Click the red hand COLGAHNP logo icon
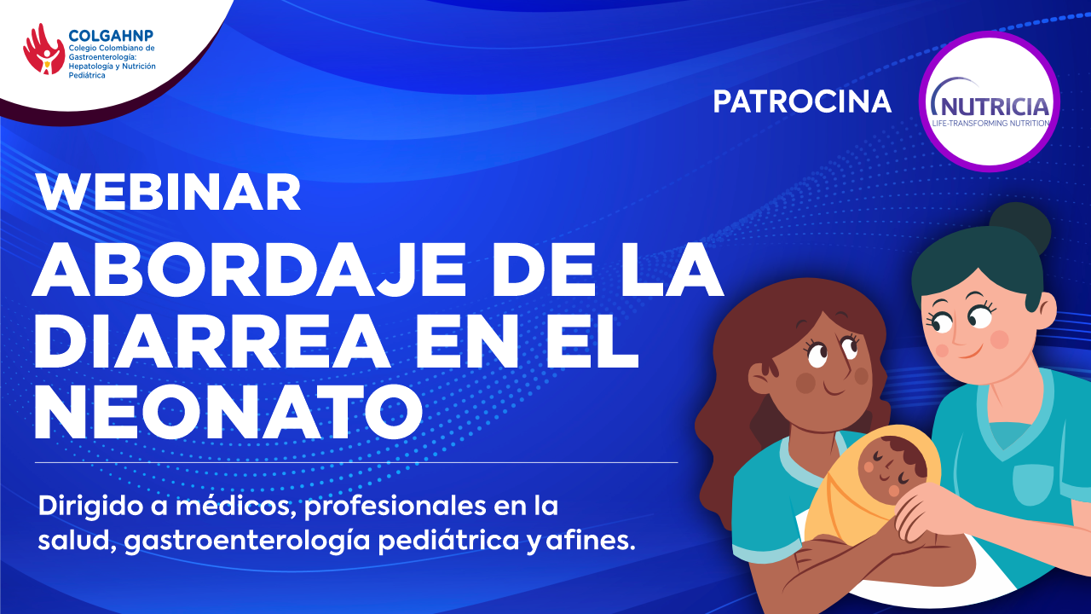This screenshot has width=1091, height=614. click(43, 49)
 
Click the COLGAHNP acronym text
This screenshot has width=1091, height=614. click(111, 36)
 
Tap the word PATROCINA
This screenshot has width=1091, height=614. click(802, 101)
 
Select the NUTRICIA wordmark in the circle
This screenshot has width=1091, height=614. click(990, 106)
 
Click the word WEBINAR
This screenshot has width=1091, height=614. click(169, 193)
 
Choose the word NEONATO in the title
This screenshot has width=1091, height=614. click(228, 412)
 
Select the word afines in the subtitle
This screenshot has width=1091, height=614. click(591, 541)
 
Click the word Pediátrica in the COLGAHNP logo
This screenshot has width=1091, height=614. click(87, 76)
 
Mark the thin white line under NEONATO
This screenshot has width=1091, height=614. click(356, 462)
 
